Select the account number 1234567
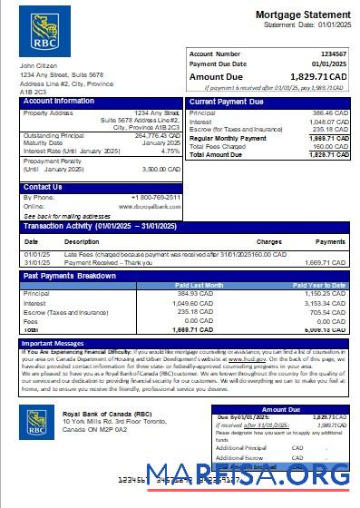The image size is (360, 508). point(332,54)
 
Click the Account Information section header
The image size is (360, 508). point(58,102)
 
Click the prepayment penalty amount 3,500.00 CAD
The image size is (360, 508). point(161,169)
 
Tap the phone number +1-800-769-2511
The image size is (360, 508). point(157,197)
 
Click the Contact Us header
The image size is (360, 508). point(44,187)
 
